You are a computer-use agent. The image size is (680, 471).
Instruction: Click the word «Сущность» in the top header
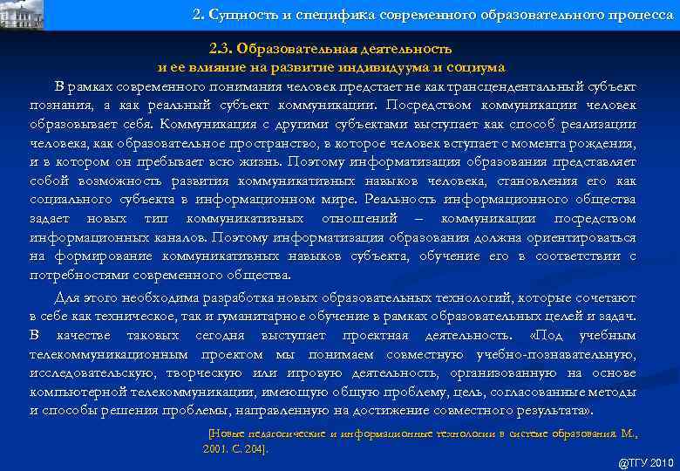[240, 15]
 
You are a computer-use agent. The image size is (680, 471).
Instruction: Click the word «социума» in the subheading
[479, 66]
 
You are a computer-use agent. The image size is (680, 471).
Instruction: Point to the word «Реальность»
[420, 199]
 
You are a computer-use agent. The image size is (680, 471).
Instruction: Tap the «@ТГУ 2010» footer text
[645, 463]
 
